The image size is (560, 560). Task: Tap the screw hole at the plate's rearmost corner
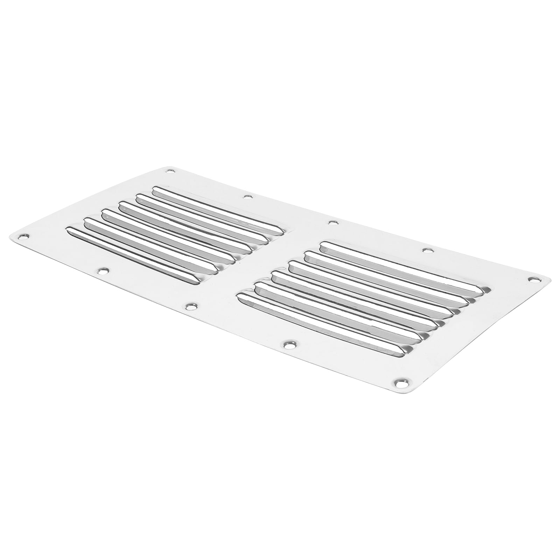pyautogui.click(x=171, y=171)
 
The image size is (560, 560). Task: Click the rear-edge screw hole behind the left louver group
pyautogui.click(x=248, y=197)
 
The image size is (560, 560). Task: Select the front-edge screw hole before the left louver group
pyautogui.click(x=103, y=271)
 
